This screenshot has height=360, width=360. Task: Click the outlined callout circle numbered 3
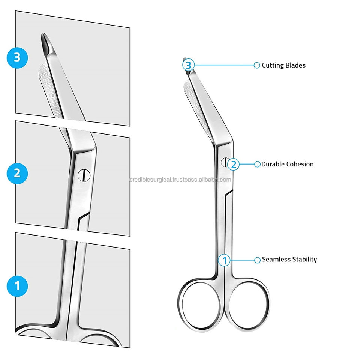click(x=189, y=65)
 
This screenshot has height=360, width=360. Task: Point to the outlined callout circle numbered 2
click(x=234, y=164)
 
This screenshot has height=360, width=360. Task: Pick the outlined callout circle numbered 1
click(x=225, y=259)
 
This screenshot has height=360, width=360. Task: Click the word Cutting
click(x=273, y=65)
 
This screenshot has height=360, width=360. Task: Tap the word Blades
click(x=295, y=65)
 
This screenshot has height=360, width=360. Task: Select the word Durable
click(x=273, y=164)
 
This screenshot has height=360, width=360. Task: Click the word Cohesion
click(x=300, y=164)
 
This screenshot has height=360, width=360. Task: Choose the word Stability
click(x=305, y=259)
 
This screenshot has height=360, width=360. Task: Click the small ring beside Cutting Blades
click(x=257, y=65)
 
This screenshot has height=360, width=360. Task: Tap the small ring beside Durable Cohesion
click(x=257, y=164)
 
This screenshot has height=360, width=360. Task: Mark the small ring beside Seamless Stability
click(x=257, y=259)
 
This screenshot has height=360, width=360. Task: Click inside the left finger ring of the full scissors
click(x=199, y=304)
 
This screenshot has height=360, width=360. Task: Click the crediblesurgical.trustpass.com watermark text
click(x=180, y=180)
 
